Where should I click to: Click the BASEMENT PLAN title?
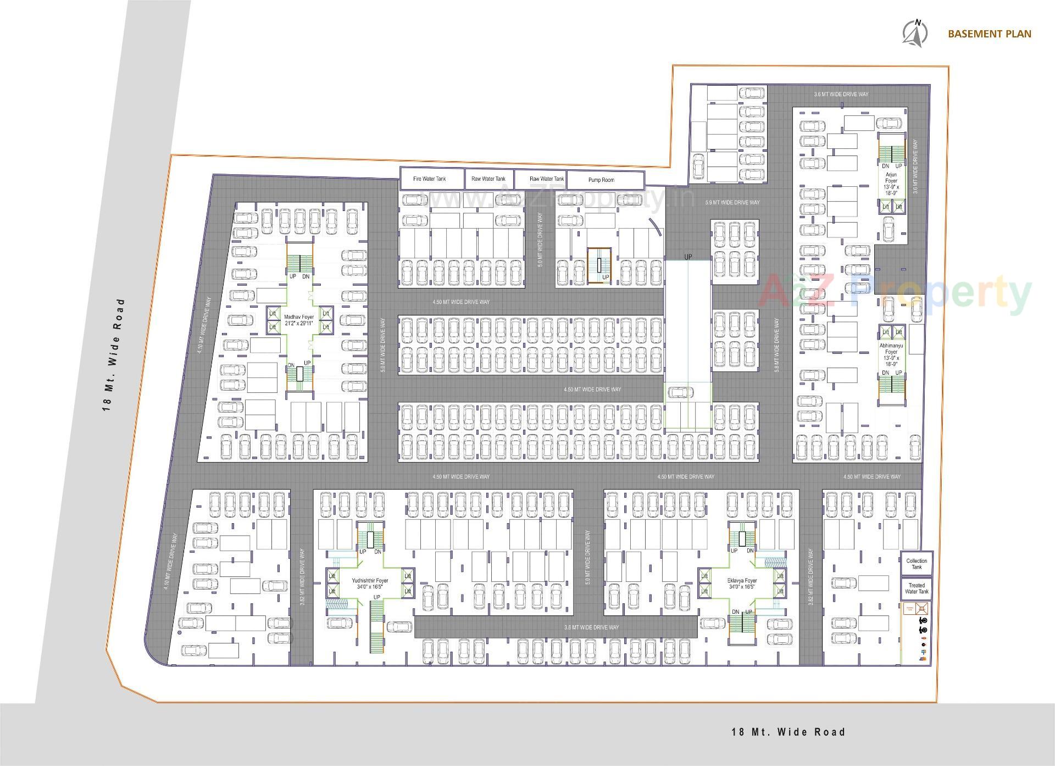coord(989,34)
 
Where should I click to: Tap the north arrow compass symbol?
coord(915,33)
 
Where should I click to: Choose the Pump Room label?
coord(601,180)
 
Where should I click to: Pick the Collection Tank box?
coord(917,564)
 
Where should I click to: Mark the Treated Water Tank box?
coord(917,589)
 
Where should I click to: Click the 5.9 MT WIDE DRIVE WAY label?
coord(732,203)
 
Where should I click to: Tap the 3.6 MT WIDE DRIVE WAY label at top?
coord(841,95)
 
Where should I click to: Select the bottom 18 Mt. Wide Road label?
coord(788,732)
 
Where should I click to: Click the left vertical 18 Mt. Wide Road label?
coord(114,354)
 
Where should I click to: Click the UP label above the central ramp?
coord(688,257)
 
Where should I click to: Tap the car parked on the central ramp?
coord(680,392)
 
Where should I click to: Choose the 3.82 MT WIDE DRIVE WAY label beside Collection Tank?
coord(810,577)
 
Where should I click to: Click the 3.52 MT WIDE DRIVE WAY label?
coord(303,577)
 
